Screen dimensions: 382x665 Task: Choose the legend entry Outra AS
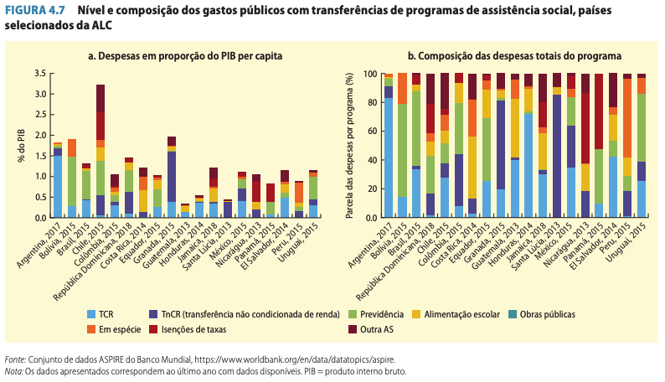pos(378,329)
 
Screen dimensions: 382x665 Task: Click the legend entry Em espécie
pos(116,329)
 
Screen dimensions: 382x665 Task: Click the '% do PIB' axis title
pos(21,145)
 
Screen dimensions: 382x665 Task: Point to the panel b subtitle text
pos(514,56)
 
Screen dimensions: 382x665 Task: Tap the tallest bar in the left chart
pos(101,151)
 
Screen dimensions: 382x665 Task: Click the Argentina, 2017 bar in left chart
pos(58,180)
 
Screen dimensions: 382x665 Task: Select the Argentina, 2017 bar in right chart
pos(389,147)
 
